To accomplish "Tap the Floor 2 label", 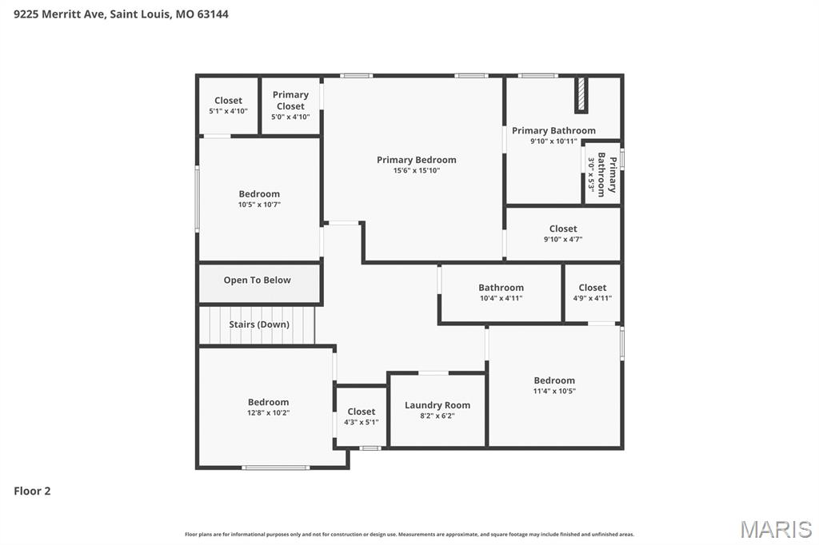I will tap(32, 491).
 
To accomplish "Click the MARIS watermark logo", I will tap(776, 529).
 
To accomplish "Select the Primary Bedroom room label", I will tap(416, 160).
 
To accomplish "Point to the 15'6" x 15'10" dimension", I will tap(416, 170).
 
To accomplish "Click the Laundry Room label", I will tap(437, 405).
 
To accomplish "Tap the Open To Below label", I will tap(257, 280).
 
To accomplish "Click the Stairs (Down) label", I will tap(259, 324).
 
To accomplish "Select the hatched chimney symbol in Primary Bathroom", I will tap(581, 95).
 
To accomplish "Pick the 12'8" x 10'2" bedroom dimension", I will tap(268, 413).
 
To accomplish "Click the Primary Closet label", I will tap(290, 101).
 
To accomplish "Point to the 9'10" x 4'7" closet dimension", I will tap(563, 239).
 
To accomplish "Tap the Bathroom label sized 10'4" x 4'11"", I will tap(501, 288).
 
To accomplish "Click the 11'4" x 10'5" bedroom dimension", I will tap(554, 391).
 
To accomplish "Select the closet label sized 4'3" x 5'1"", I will tap(361, 412).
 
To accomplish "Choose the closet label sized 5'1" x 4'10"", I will tap(228, 101).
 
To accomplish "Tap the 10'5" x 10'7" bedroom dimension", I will tap(259, 205).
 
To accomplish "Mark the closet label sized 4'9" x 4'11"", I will tap(592, 288).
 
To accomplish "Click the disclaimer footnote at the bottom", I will tap(409, 534).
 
